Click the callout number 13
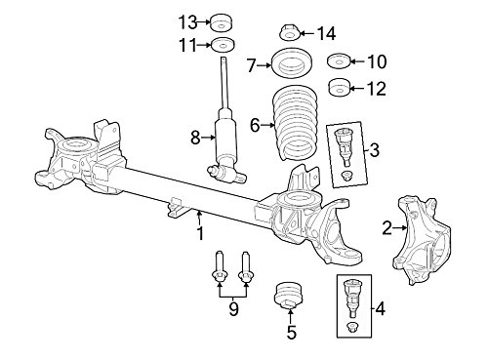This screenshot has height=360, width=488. coord(187,22)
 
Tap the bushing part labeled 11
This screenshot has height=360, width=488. coord(224,45)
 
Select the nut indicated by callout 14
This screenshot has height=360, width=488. coord(289,33)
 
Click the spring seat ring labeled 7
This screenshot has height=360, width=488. coord(292,63)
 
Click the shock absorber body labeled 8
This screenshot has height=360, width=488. coord(226,143)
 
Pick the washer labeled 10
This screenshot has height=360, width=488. coord(339,61)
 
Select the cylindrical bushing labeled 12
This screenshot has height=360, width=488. coord(339,88)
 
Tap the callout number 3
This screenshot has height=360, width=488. coord(374,150)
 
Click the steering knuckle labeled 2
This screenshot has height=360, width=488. coord(422,241)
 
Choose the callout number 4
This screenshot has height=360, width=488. coord(380,308)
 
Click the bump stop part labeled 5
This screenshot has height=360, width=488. coord(289,295)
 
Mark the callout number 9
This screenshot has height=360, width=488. coord(233,309)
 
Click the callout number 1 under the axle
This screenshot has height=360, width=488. coord(200,233)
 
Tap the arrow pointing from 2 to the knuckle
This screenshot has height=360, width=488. coord(400,228)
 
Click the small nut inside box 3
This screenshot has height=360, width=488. coord(346,176)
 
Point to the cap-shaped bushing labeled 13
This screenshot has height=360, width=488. coord(223,22)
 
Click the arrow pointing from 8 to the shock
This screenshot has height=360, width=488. coord(209,138)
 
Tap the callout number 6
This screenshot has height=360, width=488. coord(255,125)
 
